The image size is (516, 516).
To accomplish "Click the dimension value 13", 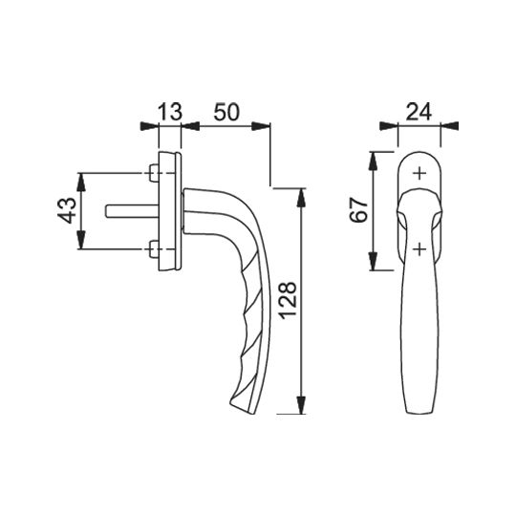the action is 170,112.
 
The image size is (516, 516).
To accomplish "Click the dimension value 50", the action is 226,112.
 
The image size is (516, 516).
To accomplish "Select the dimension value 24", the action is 419,112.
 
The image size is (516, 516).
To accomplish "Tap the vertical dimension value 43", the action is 67,210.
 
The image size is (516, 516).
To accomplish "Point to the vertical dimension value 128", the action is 288,300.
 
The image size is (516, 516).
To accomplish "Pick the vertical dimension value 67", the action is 358,210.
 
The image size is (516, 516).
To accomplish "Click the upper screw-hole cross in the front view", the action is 419,173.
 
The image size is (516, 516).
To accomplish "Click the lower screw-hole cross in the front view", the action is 419,249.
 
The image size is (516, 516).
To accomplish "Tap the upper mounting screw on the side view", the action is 153,173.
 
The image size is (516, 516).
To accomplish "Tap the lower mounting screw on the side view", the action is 153,249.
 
